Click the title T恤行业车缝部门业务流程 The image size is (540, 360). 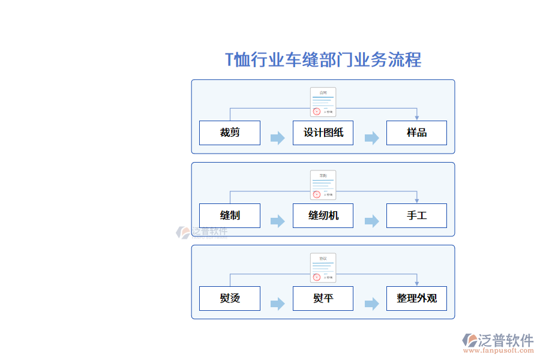[323, 60]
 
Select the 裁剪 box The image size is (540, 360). [230, 133]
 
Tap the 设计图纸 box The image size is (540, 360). [323, 133]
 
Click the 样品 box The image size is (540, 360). [416, 133]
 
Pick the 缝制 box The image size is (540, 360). [230, 215]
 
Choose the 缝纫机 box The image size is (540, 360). [323, 215]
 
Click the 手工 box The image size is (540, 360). [416, 215]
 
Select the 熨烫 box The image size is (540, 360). [230, 298]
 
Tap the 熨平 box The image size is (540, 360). [323, 298]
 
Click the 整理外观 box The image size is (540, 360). [416, 298]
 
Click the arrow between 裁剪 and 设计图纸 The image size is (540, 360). [277, 139]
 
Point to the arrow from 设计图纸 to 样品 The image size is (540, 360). [371, 139]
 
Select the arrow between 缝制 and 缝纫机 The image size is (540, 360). [277, 221]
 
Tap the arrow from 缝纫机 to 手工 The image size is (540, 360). [371, 221]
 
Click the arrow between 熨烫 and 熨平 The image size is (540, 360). [277, 304]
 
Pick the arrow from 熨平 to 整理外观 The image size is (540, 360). [371, 304]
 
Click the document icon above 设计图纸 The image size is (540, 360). [323, 102]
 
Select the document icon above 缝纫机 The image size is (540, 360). [323, 185]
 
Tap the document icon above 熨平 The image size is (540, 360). [323, 268]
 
